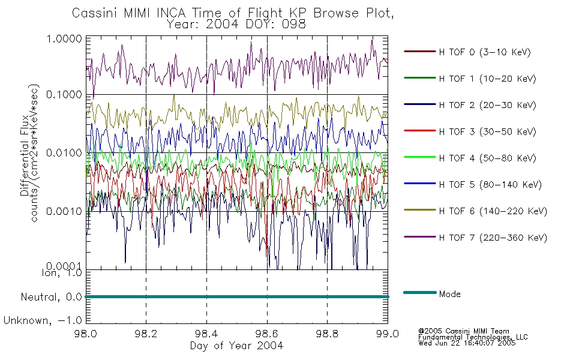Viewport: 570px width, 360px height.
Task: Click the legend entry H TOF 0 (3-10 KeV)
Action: click(x=485, y=52)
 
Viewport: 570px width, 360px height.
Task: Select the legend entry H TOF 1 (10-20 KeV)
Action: click(x=487, y=79)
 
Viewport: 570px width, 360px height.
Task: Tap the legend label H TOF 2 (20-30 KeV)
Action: click(x=487, y=105)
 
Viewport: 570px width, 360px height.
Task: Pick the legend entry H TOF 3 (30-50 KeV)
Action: click(x=487, y=131)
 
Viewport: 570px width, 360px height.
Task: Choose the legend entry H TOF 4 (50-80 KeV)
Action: click(x=487, y=158)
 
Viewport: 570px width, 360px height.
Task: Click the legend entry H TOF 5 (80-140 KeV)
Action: click(x=490, y=185)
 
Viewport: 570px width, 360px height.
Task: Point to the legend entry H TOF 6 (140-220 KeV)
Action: click(x=493, y=211)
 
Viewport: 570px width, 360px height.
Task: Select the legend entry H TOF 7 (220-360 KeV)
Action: click(x=493, y=238)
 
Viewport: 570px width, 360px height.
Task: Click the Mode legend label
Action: click(x=449, y=294)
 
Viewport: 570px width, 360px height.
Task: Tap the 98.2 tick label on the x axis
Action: click(x=146, y=334)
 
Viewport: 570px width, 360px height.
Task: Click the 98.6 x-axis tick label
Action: click(x=267, y=334)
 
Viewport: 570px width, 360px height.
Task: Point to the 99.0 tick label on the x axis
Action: click(x=388, y=334)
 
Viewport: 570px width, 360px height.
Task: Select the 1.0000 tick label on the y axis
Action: click(x=64, y=38)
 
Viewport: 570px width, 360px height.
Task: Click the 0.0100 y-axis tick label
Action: click(x=64, y=153)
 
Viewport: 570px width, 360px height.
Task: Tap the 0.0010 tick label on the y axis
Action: click(x=64, y=211)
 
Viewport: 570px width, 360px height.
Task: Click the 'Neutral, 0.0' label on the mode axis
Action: click(x=51, y=298)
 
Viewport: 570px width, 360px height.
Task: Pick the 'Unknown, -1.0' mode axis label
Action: click(x=43, y=320)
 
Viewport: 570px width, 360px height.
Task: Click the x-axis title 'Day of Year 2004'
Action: click(x=236, y=346)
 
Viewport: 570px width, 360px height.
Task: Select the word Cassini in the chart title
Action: click(x=95, y=13)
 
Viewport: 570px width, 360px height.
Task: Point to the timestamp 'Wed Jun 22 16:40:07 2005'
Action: click(x=467, y=343)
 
